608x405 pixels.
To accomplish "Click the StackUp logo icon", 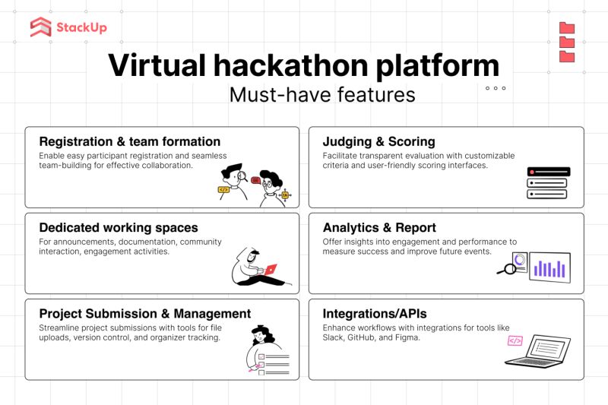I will click(41, 27).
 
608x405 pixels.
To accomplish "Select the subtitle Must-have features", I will click(322, 95).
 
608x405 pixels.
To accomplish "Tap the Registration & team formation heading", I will click(129, 142).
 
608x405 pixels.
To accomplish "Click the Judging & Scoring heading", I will click(378, 142).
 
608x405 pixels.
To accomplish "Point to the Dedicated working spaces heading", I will click(118, 228).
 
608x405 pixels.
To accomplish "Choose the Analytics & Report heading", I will click(379, 228).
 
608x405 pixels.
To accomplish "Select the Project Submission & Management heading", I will click(144, 314).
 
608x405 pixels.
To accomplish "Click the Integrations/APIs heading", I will click(375, 314).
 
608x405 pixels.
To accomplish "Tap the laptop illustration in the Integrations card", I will click(540, 350).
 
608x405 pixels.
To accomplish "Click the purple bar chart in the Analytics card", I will click(549, 268).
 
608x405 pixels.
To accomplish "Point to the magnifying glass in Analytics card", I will click(505, 267).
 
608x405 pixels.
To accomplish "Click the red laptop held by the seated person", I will click(269, 269).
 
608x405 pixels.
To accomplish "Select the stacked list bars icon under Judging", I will click(547, 183).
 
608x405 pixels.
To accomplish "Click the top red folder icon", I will click(567, 28).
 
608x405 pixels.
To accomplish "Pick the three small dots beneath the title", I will click(496, 88).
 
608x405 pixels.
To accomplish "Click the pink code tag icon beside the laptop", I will click(515, 341).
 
